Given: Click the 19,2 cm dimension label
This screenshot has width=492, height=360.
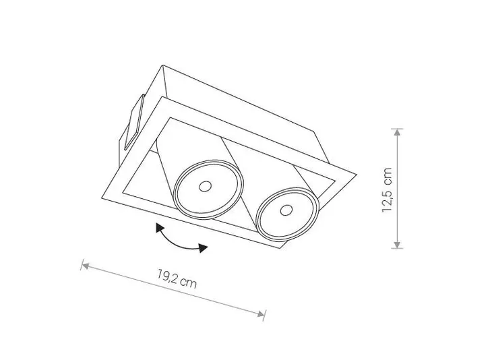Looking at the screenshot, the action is coord(177,278).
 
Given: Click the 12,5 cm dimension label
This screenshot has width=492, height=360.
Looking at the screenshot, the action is coord(388,190).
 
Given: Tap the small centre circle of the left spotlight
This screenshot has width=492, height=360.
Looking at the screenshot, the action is coord(205,187).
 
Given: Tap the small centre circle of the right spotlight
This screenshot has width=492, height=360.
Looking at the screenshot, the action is coord(286,210).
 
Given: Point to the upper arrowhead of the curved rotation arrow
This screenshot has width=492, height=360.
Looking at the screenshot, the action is coord(160,228).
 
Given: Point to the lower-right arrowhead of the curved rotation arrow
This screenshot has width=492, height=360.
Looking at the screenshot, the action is coord(204,248).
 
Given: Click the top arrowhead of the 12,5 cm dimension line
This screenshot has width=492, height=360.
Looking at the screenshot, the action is coord(397,132).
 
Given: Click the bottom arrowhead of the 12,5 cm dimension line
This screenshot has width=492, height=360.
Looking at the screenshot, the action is coord(397,245).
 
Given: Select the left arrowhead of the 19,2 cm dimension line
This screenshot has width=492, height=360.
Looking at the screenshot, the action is coord(86,266).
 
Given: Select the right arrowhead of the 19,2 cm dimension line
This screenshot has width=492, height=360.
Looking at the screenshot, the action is coord(261,313).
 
